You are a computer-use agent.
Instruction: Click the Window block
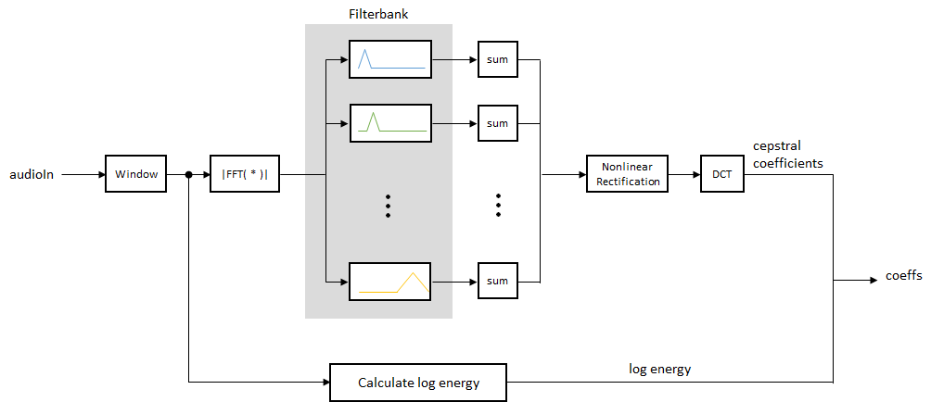coord(136,173)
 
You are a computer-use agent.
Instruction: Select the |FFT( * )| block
coord(245,173)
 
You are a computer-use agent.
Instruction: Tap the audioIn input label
coord(32,173)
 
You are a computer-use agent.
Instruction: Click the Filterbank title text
coord(377,14)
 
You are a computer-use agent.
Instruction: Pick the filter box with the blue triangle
coord(390,59)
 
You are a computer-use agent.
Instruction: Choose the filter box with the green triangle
coord(390,122)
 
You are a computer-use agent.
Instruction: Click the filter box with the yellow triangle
coord(390,280)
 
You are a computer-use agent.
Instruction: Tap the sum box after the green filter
coord(498,122)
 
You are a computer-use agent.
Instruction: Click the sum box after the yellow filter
coord(498,280)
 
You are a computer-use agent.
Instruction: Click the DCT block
coord(721,173)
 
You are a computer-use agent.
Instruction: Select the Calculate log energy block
coord(418,382)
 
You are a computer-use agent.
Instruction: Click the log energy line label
coord(660,369)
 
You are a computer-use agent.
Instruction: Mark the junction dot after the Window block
coord(188,173)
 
